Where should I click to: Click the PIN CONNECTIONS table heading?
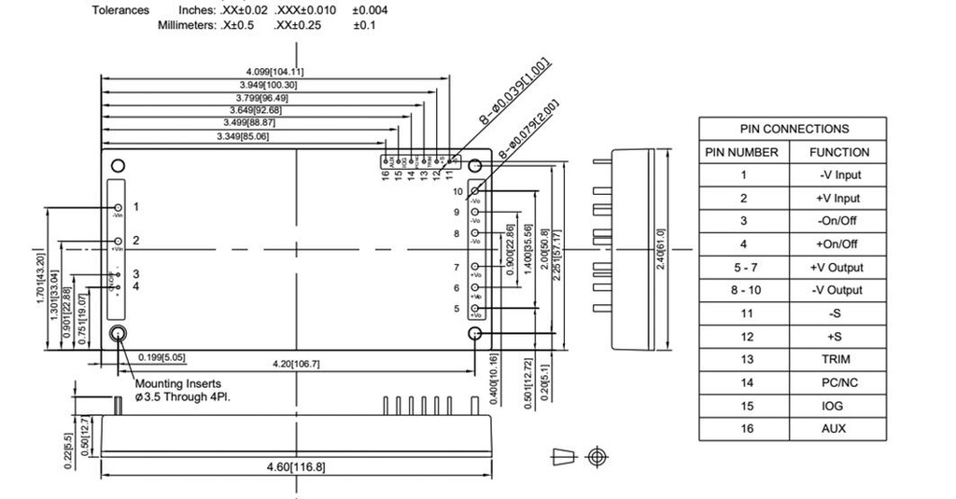click(x=794, y=129)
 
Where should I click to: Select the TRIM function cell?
click(x=838, y=359)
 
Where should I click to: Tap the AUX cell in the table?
click(x=838, y=428)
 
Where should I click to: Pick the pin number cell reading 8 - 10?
click(x=743, y=290)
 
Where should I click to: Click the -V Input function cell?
click(x=838, y=174)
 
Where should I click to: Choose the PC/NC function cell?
click(x=838, y=382)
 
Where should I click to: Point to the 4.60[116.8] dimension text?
click(x=295, y=466)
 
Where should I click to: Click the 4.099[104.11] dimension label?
click(x=274, y=72)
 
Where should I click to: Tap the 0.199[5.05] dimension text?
click(x=162, y=356)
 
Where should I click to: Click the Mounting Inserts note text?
click(x=177, y=383)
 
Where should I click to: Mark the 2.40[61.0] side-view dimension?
click(x=660, y=249)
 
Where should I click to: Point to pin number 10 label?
click(x=457, y=191)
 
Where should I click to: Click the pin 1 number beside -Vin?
click(x=135, y=206)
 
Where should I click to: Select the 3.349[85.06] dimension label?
click(x=246, y=136)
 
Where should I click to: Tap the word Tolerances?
click(x=120, y=10)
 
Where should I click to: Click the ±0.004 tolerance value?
click(x=371, y=10)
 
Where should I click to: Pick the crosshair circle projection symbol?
click(x=597, y=456)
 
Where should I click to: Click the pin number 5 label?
click(x=457, y=309)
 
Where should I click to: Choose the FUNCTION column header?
click(x=838, y=152)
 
